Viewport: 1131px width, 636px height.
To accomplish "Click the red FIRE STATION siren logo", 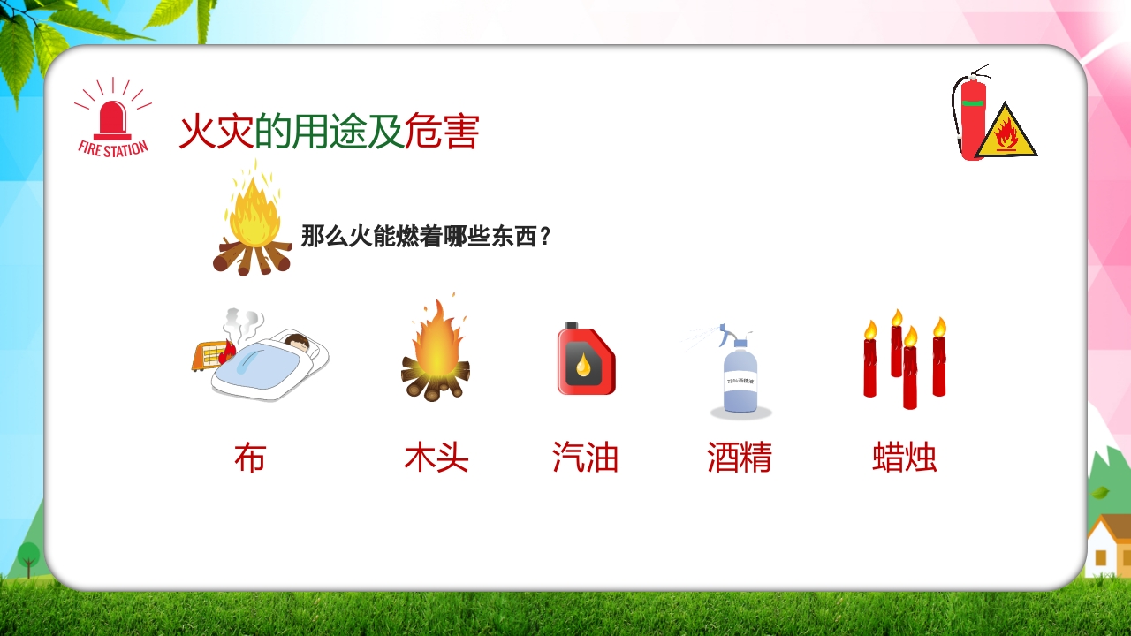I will pyautogui.click(x=112, y=120).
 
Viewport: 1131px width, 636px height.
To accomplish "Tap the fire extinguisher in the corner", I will pyautogui.click(x=972, y=115).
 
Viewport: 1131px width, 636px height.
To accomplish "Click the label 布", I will pyautogui.click(x=250, y=458).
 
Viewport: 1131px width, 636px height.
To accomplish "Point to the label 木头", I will pyautogui.click(x=436, y=458).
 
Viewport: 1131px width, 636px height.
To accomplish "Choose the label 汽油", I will pyautogui.click(x=585, y=458).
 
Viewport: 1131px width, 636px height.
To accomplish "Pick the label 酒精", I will pyautogui.click(x=740, y=458).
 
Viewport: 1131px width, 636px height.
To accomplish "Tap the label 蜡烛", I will pyautogui.click(x=904, y=458).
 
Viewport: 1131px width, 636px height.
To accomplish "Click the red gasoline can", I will pyautogui.click(x=586, y=359).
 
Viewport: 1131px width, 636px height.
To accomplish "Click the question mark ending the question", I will pyautogui.click(x=544, y=237).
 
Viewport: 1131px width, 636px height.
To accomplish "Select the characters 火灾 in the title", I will pyautogui.click(x=216, y=132).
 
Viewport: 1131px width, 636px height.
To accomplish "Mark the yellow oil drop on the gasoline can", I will pyautogui.click(x=583, y=363).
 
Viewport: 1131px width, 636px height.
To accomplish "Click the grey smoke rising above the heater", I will pyautogui.click(x=242, y=322).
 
